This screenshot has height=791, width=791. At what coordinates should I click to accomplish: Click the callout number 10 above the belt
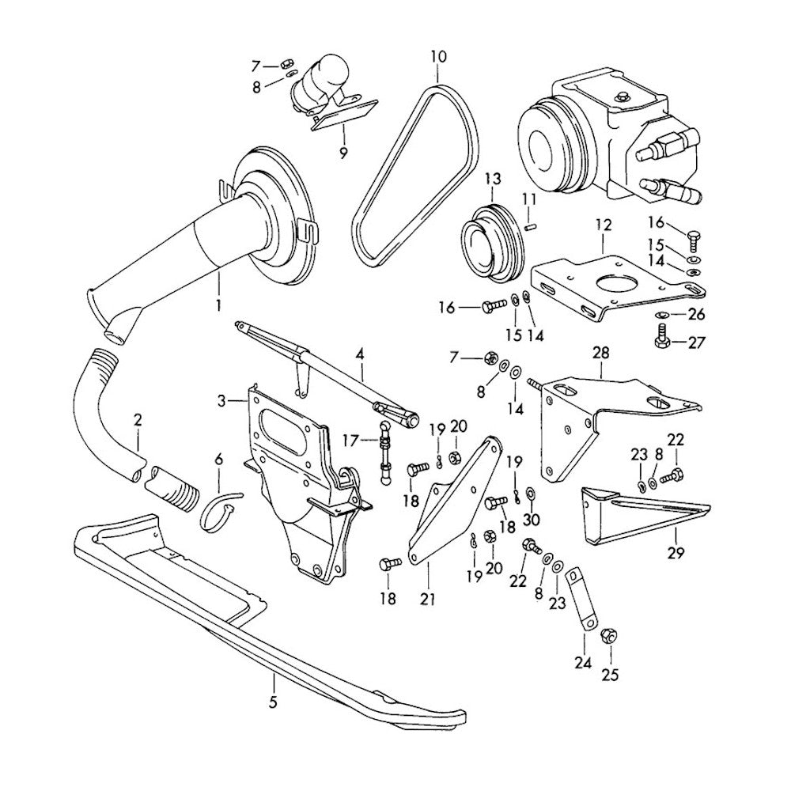click(438, 56)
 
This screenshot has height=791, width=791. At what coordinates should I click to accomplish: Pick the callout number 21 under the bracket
click(428, 600)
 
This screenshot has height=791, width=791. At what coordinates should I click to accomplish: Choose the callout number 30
click(531, 520)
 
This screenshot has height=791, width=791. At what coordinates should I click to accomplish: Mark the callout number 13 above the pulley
click(493, 180)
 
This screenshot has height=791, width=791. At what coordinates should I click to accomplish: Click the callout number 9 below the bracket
click(343, 153)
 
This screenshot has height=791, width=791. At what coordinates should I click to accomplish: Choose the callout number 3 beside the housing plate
click(221, 402)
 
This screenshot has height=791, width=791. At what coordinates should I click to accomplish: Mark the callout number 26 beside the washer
click(695, 314)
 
